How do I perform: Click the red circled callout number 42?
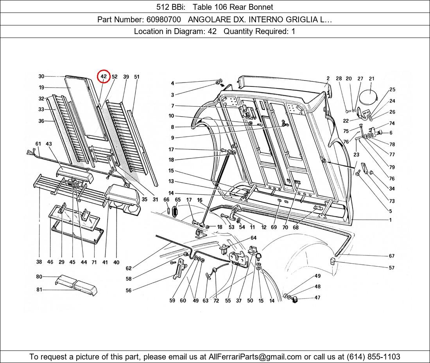(x=104, y=77)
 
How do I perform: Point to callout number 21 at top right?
(x=371, y=79)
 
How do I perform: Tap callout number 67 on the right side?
(x=391, y=256)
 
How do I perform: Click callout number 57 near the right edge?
(x=391, y=268)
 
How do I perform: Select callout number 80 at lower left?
(x=39, y=277)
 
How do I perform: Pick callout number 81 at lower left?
(x=39, y=290)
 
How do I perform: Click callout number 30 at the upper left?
(x=41, y=76)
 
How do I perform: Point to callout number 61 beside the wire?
(x=38, y=144)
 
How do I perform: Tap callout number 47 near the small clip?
(x=317, y=298)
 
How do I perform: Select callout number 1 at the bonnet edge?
(x=390, y=220)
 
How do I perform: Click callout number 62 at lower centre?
(x=129, y=269)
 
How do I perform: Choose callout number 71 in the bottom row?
(x=94, y=262)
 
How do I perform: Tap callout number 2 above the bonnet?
(x=328, y=79)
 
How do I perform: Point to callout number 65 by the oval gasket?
(x=177, y=199)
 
